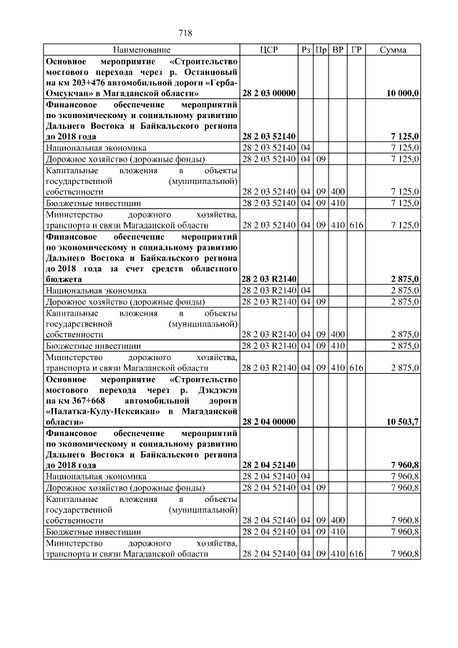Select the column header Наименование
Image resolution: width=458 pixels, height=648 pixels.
[x=142, y=50]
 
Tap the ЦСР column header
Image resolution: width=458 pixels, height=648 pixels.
[x=269, y=50]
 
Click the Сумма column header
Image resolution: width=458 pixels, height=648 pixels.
[x=393, y=50]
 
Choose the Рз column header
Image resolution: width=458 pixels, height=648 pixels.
[x=306, y=50]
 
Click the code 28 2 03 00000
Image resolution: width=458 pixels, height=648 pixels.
[x=269, y=94]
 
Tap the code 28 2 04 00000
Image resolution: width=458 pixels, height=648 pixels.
[x=269, y=422]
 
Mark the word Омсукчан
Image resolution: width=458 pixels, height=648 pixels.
[x=70, y=94]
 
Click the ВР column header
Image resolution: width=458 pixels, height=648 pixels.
[x=338, y=50]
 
